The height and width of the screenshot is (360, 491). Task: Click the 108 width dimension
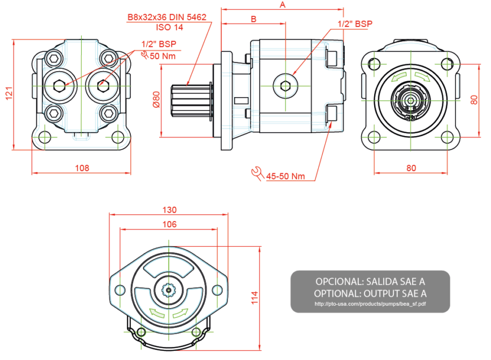click(82, 168)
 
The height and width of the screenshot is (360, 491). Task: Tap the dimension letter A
click(282, 5)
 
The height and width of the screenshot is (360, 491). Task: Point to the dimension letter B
click(253, 19)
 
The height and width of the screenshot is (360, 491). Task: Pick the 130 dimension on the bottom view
click(169, 210)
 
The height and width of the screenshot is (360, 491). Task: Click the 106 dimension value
click(169, 225)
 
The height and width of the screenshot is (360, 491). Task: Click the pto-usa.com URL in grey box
click(370, 304)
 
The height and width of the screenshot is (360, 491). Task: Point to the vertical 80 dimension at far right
click(474, 100)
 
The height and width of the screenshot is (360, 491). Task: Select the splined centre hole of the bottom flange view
click(168, 291)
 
